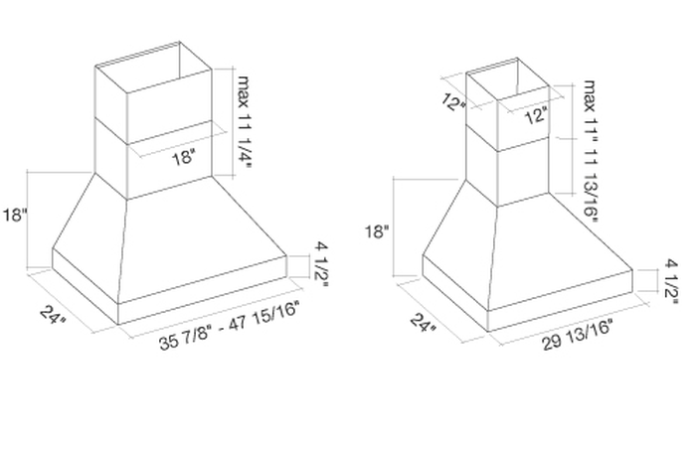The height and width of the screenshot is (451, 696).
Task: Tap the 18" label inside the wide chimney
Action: coord(183,157)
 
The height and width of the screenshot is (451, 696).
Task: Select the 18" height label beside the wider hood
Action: coord(16,216)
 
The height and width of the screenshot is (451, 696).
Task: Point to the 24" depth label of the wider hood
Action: coord(54,315)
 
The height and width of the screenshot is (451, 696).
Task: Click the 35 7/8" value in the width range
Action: coord(188,337)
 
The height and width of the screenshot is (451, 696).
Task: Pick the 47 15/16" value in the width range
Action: coord(266,314)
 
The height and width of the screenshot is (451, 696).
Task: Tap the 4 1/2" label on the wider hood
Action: coord(322,264)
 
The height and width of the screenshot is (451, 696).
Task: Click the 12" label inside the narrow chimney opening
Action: coord(535,116)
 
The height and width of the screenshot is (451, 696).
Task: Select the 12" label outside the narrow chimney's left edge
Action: coord(453,102)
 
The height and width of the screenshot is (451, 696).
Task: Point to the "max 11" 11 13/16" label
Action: coord(590,151)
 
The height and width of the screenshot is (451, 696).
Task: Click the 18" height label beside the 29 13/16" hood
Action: coord(377,231)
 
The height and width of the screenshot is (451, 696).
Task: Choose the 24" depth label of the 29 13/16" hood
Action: coord(423,323)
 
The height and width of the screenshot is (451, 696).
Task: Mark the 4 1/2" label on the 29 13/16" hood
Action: coord(671,282)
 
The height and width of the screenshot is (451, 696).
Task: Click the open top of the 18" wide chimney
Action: coord(153,69)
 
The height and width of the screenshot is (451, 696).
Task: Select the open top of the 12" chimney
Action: coord(508,77)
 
